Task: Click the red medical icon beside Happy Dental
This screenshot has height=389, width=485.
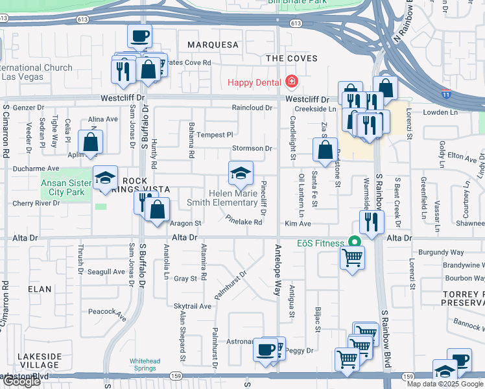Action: (x=291, y=82)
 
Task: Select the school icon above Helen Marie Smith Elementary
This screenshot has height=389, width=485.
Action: (x=240, y=173)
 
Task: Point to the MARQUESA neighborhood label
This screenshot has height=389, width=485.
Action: (x=213, y=45)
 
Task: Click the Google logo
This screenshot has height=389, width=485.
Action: (x=21, y=381)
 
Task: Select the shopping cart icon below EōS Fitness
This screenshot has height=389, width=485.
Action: (x=352, y=257)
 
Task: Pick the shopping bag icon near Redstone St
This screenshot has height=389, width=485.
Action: (x=325, y=150)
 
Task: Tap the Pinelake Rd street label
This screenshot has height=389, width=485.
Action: (x=244, y=222)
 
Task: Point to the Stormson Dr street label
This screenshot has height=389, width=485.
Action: (x=252, y=148)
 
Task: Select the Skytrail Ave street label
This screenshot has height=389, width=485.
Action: (x=193, y=306)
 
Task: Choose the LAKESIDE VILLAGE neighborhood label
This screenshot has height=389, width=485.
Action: (x=40, y=360)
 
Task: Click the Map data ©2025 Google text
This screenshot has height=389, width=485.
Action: (x=444, y=384)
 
